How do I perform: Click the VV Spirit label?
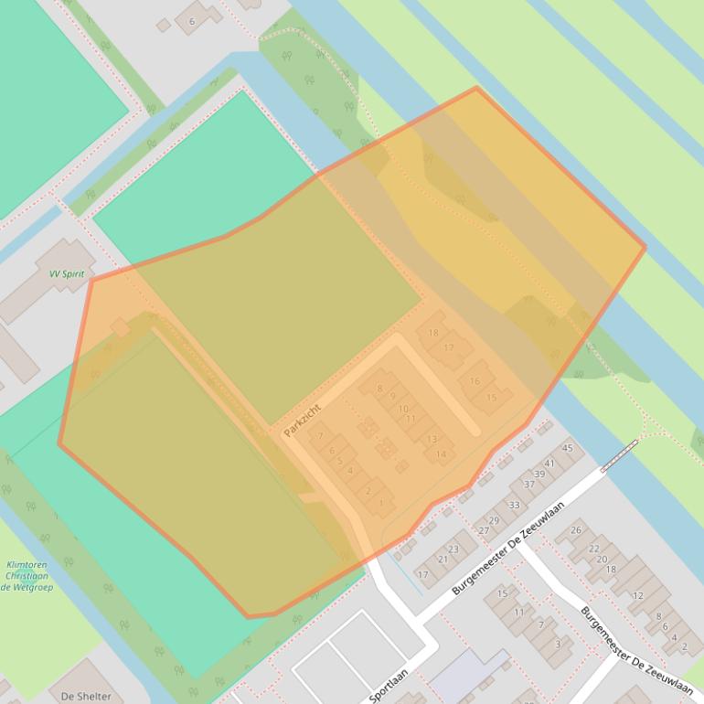coord(67,273)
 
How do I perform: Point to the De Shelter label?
coord(86,696)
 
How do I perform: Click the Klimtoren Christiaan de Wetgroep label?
coord(27,576)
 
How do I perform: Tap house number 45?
coord(568,448)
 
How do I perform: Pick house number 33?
coord(515,505)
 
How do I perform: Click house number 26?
coord(576,530)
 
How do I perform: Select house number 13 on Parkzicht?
coord(432,439)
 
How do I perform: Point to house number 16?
coord(475,381)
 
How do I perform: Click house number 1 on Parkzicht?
coord(380,503)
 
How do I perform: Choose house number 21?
coord(443,560)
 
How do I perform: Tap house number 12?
coord(638,595)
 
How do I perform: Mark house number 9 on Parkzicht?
coord(392,397)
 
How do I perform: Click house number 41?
coord(549,464)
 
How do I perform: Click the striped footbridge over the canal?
coord(619,455)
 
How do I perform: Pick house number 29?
coord(494,520)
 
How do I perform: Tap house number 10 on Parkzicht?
coord(402,409)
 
